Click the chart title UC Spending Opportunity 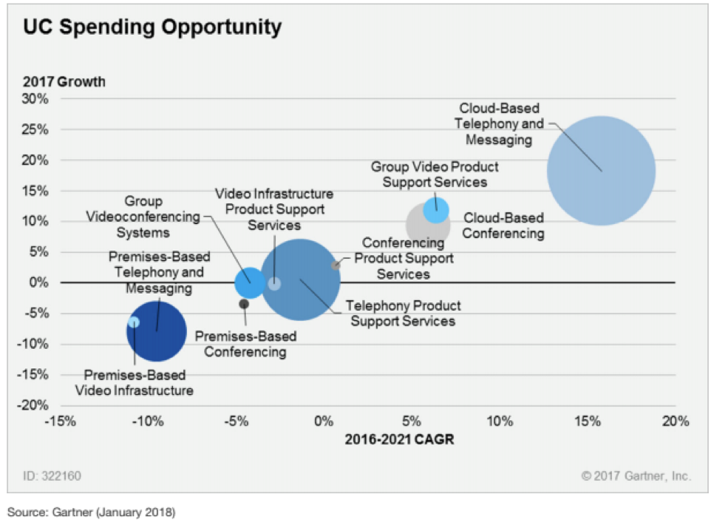(152, 27)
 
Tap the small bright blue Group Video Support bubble (436, 209)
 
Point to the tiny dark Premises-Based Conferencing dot (244, 303)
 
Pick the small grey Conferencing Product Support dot (336, 265)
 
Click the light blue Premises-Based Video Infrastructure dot (134, 322)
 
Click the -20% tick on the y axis (35, 405)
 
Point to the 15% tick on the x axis (587, 421)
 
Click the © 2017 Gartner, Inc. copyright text (636, 476)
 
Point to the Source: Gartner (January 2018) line (91, 512)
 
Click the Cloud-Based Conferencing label (503, 226)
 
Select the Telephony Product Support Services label (404, 313)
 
